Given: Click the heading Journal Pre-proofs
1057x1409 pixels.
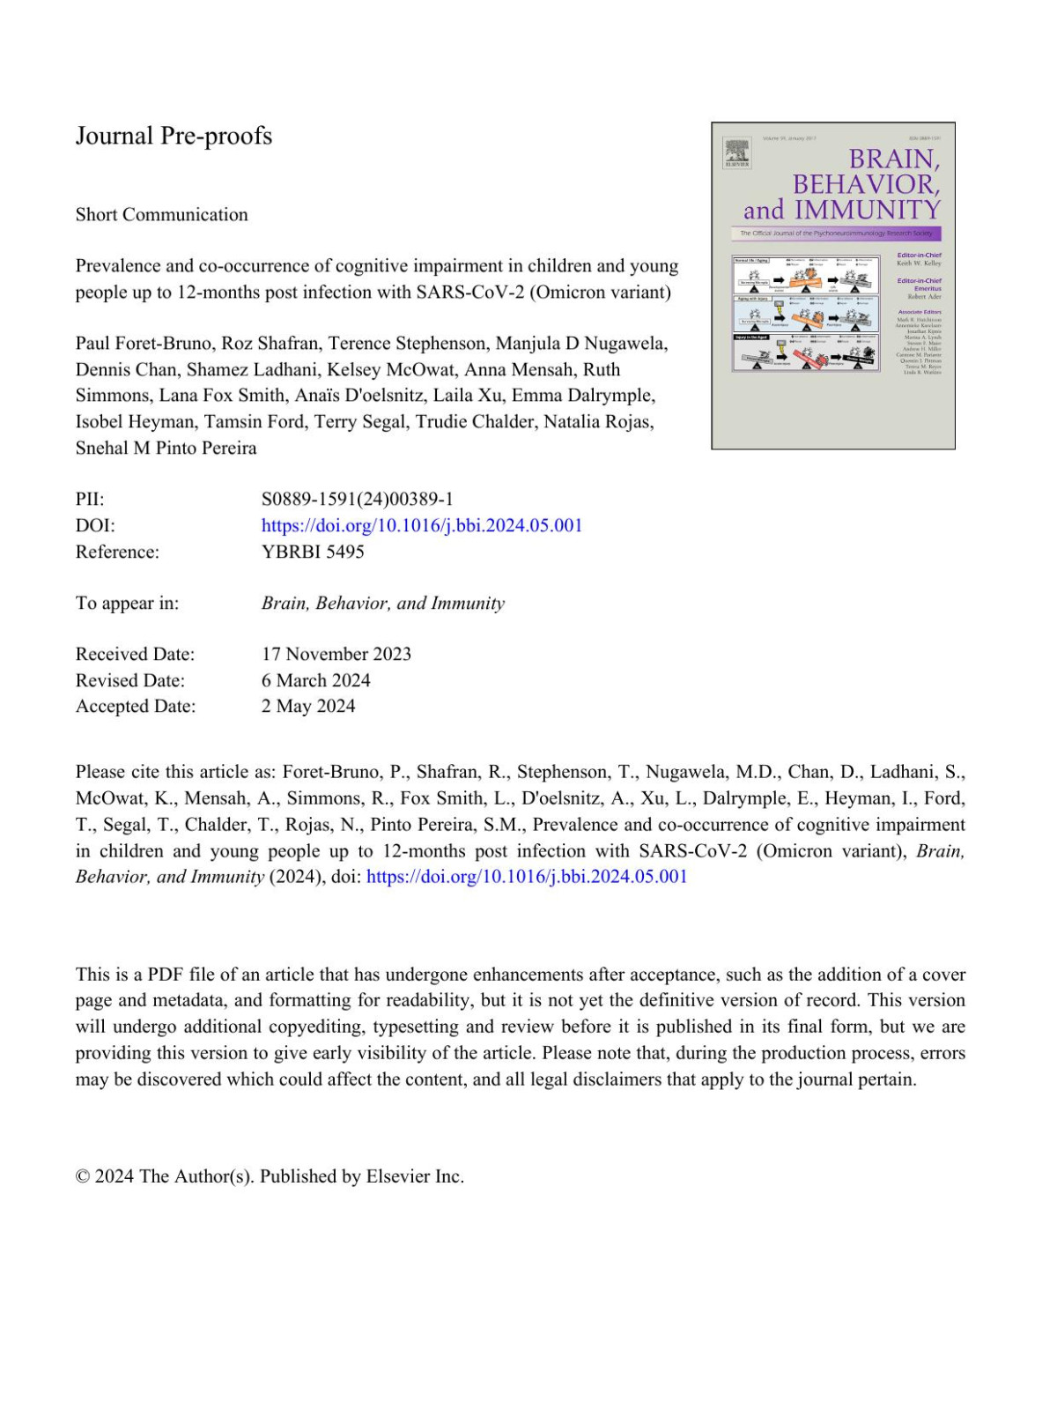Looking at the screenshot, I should coord(174,136).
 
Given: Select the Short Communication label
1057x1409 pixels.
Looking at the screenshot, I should coord(161,214).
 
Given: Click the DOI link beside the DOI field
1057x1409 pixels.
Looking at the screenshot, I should coord(422,525).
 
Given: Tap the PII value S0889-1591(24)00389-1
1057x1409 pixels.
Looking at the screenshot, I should coord(357,499).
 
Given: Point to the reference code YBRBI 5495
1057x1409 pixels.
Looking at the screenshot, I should coord(313,552).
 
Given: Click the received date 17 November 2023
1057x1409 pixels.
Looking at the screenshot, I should coord(336,654).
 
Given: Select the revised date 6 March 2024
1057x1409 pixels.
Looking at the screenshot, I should coord(316,680).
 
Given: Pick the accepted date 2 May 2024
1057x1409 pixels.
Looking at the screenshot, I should coord(308,706).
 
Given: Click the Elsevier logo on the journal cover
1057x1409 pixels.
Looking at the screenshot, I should coord(737,152).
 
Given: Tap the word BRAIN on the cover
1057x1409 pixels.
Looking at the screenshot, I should coord(893,159).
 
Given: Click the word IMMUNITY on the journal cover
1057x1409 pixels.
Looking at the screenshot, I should coord(867,211).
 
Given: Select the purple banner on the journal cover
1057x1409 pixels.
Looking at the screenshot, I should coord(835,234).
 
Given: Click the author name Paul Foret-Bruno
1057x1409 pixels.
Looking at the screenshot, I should coord(143,343).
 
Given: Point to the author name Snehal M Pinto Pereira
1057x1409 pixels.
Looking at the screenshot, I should coord(166,448).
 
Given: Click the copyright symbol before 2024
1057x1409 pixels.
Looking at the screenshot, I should coord(83,1176).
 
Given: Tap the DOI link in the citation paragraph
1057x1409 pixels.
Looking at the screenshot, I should coord(527,877).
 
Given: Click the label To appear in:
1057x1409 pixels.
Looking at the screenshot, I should coord(127,603).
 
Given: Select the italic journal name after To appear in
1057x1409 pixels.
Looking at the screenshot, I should coord(383,603).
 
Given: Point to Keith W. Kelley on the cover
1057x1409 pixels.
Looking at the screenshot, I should coord(919,263).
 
